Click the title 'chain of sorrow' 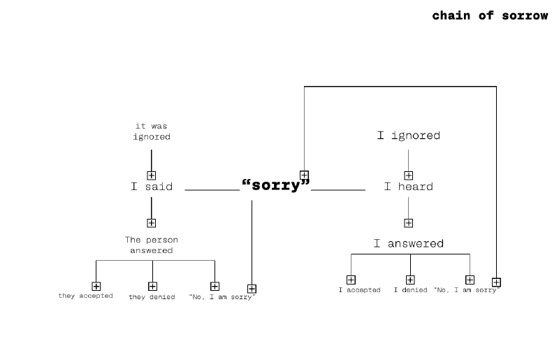point(490,15)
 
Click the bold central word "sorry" point(276,185)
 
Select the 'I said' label point(152,186)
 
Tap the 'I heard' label point(409,186)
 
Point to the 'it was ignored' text point(152,131)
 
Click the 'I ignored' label point(409,136)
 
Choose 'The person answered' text point(152,245)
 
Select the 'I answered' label point(409,243)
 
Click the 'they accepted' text point(85,296)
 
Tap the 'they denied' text point(152,297)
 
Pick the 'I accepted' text point(359,289)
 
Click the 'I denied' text point(410,289)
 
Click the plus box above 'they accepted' point(96,286)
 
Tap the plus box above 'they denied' point(152,286)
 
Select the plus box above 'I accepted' point(351,280)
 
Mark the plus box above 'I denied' point(410,280)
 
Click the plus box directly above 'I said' point(152,175)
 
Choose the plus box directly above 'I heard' point(409,175)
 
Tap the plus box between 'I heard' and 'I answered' point(409,223)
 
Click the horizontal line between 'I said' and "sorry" point(212,190)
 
